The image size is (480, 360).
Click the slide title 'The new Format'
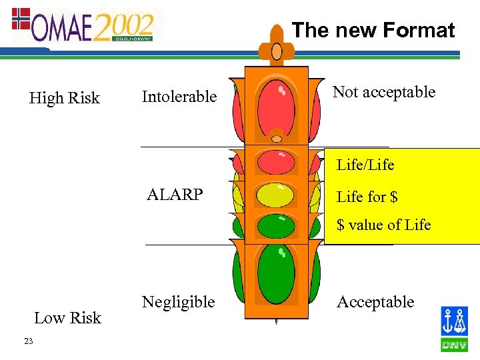pos(373,30)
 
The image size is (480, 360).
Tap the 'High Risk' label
pos(64,98)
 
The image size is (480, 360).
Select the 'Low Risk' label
pos(67,318)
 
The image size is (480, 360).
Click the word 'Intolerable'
pos(179,97)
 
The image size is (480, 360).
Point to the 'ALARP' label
pos(175,195)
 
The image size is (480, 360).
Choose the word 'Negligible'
pos(178,302)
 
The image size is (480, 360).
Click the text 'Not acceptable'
pos(384,92)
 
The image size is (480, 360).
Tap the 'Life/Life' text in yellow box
pos(365,164)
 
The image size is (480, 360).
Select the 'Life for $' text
pos(367,197)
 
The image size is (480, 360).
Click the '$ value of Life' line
pos(384,225)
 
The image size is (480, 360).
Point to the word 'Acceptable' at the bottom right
pos(375,302)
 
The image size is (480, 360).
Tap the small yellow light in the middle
pos(276,195)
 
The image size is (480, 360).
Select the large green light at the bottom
pos(276,273)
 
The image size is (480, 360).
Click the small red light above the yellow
pos(276,162)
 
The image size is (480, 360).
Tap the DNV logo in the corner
pos(454,329)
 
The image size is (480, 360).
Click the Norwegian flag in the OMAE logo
pos(21,18)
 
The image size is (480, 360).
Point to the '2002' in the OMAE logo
pos(124,27)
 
